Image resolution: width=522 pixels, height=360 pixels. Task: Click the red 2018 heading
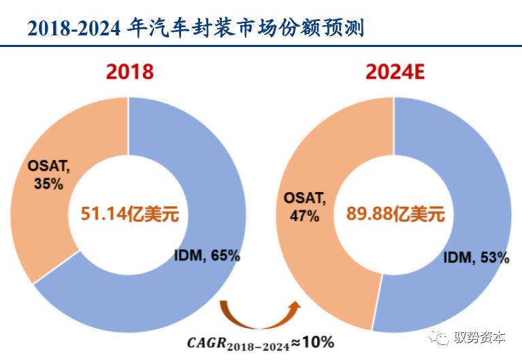coord(129,71)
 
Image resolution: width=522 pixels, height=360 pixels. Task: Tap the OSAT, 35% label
coord(48,174)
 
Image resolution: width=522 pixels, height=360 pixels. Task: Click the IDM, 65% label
coord(208,256)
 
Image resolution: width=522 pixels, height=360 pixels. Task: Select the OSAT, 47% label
coord(304,208)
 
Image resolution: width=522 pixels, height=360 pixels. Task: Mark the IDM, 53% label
coord(476,257)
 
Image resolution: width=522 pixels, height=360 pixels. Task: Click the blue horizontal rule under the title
coord(261,46)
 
